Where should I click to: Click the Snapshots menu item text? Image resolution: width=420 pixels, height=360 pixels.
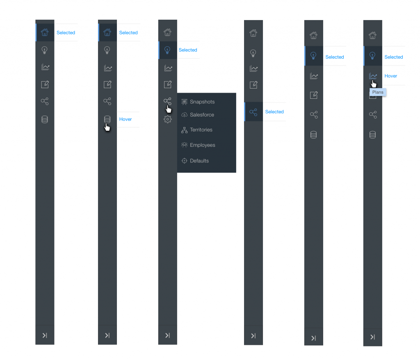tap(202, 102)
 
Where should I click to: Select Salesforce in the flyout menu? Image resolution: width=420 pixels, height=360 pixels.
tap(202, 115)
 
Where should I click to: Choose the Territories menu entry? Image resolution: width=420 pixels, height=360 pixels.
tap(201, 130)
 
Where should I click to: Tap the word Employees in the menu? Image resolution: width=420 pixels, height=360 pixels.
tap(203, 145)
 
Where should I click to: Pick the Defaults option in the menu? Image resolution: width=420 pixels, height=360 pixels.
tap(199, 161)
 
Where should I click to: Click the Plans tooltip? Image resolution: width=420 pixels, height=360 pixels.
tap(378, 92)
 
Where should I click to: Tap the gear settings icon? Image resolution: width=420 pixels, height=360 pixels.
tap(168, 119)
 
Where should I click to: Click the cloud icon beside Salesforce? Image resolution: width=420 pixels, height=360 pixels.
tap(184, 115)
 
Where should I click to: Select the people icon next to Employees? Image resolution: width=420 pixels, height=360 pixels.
tap(184, 145)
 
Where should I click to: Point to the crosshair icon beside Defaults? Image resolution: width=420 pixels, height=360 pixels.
tap(184, 161)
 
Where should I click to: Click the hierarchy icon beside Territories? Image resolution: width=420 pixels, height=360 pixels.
tap(184, 130)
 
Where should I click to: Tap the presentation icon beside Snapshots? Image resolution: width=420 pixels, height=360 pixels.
tap(184, 102)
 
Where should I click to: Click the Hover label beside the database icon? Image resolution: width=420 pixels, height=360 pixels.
tap(126, 119)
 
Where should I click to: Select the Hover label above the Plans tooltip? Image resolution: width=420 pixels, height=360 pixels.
tap(390, 76)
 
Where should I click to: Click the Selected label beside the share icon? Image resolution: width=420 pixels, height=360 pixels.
tap(274, 112)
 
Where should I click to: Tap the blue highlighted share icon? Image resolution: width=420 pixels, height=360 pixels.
tap(253, 112)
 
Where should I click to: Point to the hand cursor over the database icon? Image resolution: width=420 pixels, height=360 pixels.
tap(107, 127)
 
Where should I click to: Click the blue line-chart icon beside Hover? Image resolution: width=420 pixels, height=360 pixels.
tap(373, 76)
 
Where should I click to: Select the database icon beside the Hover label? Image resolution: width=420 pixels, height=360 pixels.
tap(107, 119)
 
